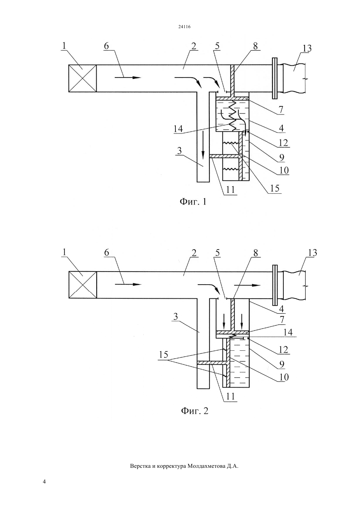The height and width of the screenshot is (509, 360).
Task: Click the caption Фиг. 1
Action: [x=193, y=202]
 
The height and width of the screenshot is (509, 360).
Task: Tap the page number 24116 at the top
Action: [x=184, y=27]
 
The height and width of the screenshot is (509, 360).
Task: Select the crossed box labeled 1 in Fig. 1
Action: [x=82, y=78]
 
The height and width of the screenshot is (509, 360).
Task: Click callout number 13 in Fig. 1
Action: [x=307, y=49]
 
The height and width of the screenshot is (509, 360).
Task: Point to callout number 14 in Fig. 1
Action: [x=178, y=129]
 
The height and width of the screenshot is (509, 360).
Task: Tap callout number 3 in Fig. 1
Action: [x=180, y=151]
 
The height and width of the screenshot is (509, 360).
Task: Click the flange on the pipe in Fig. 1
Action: [x=275, y=78]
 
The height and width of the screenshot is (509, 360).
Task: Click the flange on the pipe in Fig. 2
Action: [x=275, y=285]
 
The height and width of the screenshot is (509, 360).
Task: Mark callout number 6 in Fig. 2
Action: [x=107, y=253]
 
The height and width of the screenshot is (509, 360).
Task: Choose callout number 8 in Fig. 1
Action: [x=256, y=46]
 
